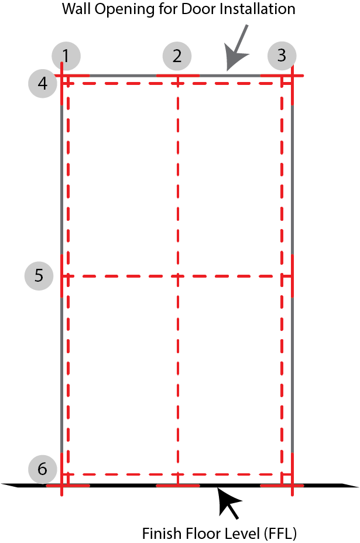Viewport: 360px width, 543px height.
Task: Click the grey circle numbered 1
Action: (66, 56)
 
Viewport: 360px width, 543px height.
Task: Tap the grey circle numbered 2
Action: (177, 56)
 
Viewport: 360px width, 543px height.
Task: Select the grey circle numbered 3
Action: (282, 56)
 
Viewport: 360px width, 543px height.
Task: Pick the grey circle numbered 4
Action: (43, 83)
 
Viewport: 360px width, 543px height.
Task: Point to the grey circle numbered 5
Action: (39, 276)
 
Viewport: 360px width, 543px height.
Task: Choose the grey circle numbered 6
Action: (43, 469)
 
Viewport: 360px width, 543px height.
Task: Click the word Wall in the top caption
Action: (77, 9)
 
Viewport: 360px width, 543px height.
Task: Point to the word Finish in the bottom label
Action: (162, 533)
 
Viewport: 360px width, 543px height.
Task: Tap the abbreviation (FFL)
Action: (280, 534)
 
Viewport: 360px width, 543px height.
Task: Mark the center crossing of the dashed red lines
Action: (178, 276)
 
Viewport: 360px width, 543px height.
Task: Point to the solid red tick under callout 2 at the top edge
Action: (178, 75)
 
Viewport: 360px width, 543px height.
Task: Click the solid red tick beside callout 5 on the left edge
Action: (62, 276)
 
